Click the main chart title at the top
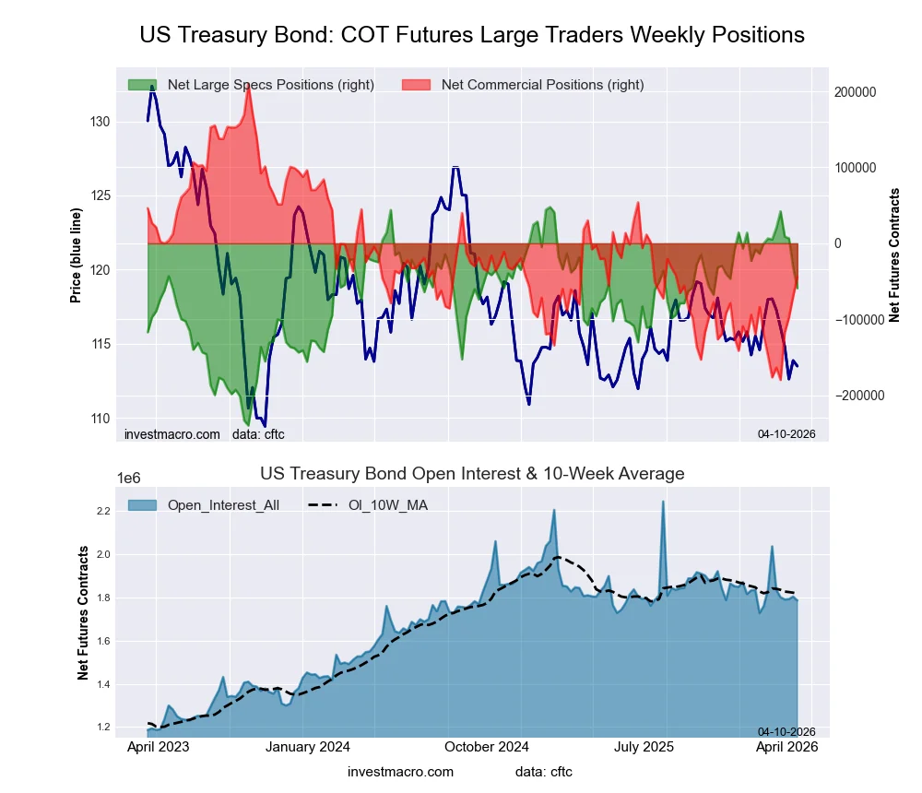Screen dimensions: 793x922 click(x=472, y=35)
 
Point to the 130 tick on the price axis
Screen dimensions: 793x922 click(x=101, y=122)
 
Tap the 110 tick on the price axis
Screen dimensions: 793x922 click(x=101, y=418)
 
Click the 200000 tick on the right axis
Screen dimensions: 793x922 click(x=855, y=92)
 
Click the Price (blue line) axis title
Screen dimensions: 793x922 click(x=77, y=254)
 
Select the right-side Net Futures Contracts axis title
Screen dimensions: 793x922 click(x=893, y=254)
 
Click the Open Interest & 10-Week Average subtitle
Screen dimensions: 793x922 click(x=472, y=474)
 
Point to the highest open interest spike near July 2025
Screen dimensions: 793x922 click(x=663, y=503)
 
